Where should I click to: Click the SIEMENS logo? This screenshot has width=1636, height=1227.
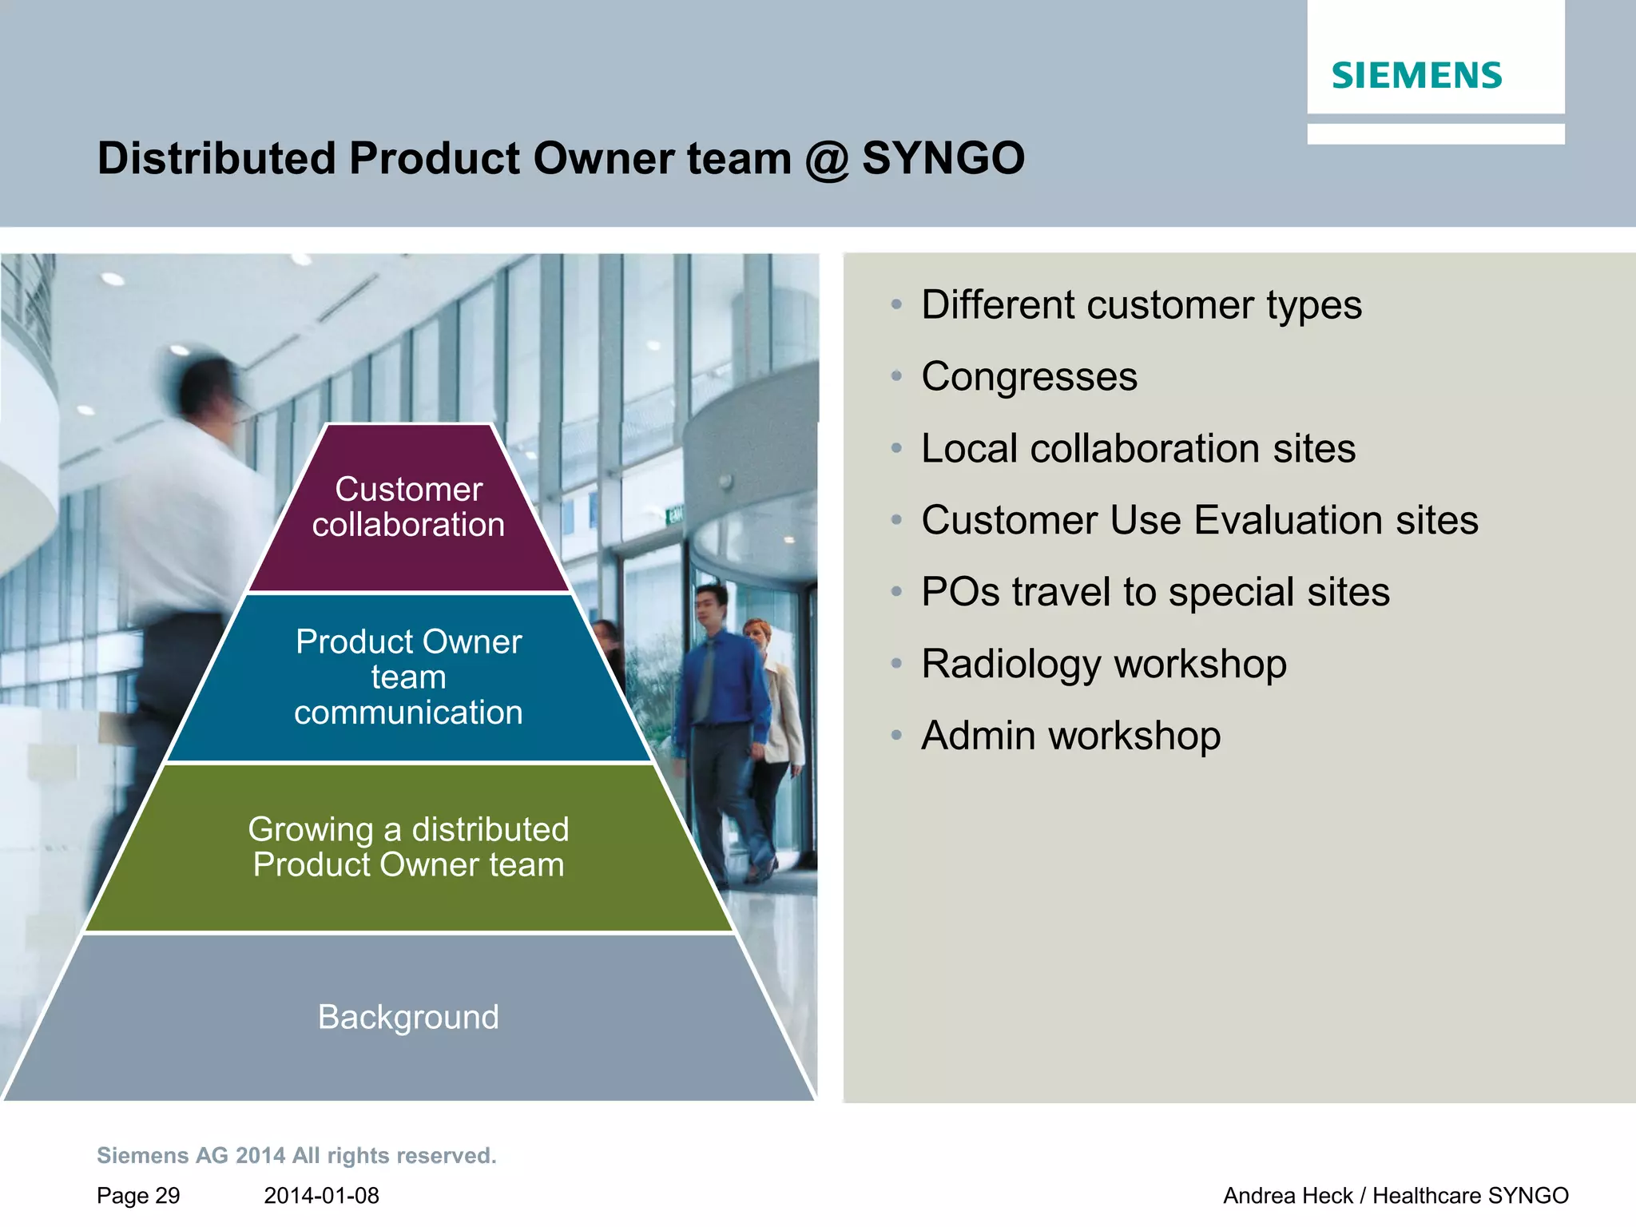click(x=1416, y=76)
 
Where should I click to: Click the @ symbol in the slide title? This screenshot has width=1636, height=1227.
click(x=826, y=159)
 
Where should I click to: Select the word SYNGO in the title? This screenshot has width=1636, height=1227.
click(x=943, y=158)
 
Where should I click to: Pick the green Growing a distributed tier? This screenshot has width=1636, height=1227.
click(x=408, y=847)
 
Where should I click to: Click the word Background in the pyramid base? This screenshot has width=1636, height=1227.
click(x=408, y=1017)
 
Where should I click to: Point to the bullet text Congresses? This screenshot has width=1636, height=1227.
click(x=1029, y=376)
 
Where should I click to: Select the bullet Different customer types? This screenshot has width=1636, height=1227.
click(x=1141, y=305)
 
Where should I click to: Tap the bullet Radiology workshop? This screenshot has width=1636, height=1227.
click(x=1103, y=664)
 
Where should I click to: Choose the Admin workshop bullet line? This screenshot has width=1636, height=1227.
click(x=1070, y=736)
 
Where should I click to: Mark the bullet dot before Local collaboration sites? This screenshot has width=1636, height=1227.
click(x=896, y=449)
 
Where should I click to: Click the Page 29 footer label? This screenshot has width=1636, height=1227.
click(x=138, y=1196)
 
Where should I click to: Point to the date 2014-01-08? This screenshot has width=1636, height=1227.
click(x=321, y=1196)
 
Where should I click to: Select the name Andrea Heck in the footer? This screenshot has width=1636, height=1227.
click(x=1288, y=1196)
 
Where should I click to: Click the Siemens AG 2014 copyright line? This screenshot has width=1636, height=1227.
click(x=296, y=1156)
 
